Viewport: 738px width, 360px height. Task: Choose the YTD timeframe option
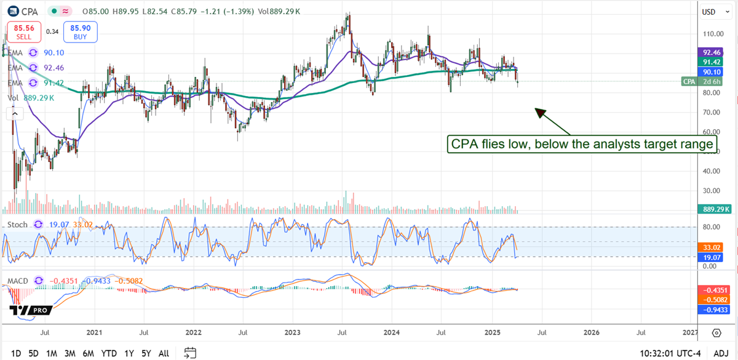109,353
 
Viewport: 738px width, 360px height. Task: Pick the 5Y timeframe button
146,353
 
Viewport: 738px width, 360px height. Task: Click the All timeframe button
164,353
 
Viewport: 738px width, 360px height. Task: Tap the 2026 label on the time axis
591,332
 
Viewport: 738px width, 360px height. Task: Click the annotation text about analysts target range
581,144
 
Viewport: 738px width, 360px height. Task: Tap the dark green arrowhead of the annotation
539,112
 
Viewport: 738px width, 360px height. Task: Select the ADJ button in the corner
721,353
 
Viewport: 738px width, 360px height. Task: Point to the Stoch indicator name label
17,225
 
